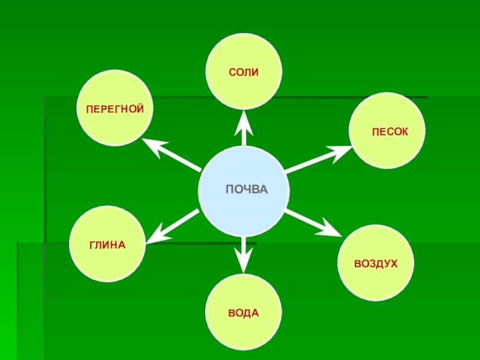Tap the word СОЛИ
[x=244, y=72]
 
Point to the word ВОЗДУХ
[x=376, y=264]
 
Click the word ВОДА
[x=243, y=313]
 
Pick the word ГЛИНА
[x=107, y=245]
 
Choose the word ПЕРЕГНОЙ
[x=115, y=110]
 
